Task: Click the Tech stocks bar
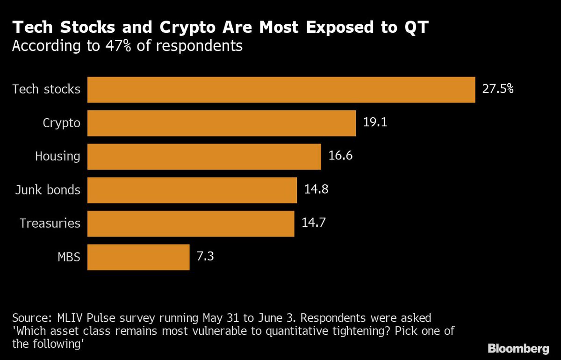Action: [281, 90]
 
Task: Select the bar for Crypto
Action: [222, 123]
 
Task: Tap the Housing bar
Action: [204, 157]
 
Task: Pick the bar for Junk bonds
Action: [192, 190]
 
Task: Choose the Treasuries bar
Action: [191, 223]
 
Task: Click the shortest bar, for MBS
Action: [138, 257]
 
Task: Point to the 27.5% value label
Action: [498, 89]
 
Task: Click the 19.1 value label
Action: [375, 123]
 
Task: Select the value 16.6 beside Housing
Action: [340, 156]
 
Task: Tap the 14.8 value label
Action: [316, 190]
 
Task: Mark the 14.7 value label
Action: [313, 223]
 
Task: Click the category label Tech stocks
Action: [46, 89]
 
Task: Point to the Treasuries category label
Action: [50, 223]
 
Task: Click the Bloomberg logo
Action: [518, 348]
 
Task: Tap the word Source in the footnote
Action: [30, 318]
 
